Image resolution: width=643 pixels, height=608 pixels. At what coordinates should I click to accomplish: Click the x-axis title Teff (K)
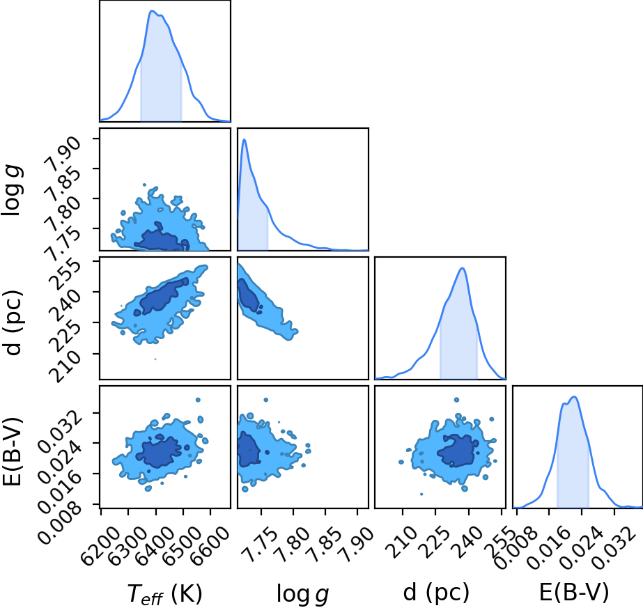tap(165, 593)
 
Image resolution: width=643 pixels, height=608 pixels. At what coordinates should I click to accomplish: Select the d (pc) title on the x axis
tap(436, 593)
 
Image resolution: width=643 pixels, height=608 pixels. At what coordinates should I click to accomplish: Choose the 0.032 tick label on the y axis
tap(60, 429)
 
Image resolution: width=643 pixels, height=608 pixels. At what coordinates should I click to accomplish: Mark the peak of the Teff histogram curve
tap(152, 11)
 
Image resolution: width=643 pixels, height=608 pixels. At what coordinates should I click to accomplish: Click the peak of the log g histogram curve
tap(245, 139)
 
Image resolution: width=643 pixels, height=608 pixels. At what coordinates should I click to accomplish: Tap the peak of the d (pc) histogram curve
tap(463, 268)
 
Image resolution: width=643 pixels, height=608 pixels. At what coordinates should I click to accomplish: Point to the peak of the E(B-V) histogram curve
tap(574, 397)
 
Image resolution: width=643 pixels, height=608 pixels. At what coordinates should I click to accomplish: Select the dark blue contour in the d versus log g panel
tap(249, 295)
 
